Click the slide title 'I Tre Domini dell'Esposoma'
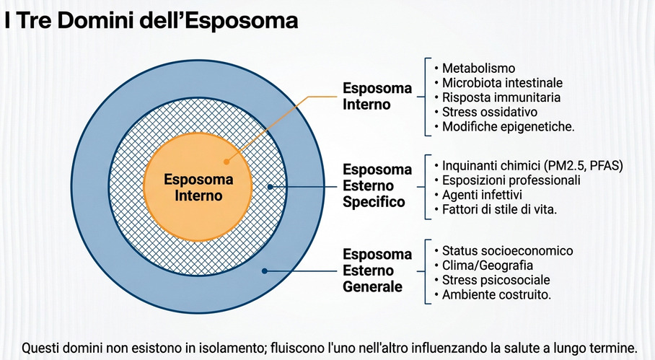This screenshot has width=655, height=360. (151, 21)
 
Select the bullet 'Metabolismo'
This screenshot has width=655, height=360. (478, 68)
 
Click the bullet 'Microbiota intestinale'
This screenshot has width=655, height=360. (502, 83)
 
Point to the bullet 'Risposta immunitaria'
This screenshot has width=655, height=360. (501, 97)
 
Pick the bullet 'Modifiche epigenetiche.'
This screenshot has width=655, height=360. (509, 126)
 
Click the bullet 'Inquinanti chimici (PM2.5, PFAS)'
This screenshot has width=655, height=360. (532, 166)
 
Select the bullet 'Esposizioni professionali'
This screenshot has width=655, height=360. (511, 180)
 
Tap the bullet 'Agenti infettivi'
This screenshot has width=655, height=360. (482, 195)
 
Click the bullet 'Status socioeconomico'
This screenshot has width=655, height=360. (508, 250)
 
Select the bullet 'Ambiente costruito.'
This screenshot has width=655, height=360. (497, 294)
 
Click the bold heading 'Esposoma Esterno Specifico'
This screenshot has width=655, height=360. (377, 185)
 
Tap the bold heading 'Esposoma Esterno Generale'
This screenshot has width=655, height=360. (377, 271)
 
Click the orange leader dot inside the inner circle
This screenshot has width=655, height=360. (226, 162)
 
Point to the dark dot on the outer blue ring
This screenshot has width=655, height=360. (265, 271)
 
